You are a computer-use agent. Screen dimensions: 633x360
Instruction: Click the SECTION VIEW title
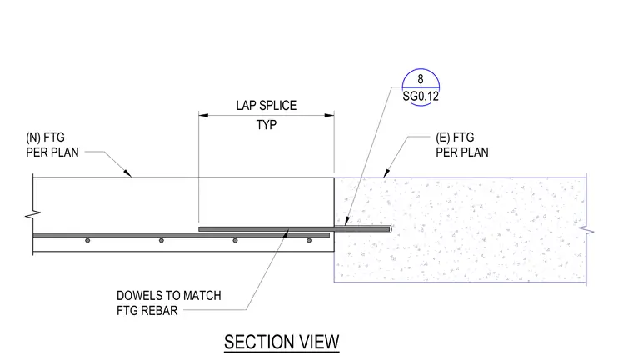282,342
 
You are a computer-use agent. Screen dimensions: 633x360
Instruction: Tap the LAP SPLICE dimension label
266,106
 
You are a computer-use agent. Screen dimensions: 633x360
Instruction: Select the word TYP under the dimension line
266,125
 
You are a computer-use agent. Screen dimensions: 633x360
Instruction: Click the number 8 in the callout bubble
421,79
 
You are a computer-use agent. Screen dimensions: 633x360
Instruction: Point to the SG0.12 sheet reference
421,96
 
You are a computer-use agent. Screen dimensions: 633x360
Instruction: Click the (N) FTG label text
45,137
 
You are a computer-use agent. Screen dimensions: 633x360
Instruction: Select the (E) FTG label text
455,137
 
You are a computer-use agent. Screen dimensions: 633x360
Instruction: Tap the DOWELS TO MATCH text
169,296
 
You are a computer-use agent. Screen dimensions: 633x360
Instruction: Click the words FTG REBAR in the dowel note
147,311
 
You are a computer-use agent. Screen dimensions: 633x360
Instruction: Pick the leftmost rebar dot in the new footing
87,240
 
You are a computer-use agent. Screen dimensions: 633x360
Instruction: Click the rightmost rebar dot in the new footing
309,240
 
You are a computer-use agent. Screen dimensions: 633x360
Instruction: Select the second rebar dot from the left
161,240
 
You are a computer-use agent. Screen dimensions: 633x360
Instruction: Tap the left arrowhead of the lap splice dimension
203,115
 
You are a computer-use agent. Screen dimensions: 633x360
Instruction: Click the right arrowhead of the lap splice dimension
330,115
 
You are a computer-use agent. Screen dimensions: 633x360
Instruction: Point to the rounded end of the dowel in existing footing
390,229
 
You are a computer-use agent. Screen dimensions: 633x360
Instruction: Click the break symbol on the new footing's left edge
32,214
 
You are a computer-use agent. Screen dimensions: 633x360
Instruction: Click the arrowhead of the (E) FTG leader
386,173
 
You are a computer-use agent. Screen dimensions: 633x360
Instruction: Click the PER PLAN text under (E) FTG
461,152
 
